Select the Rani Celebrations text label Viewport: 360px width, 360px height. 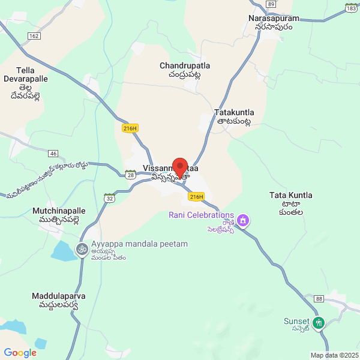pos(201,215)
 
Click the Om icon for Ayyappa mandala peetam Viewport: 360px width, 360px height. pos(82,248)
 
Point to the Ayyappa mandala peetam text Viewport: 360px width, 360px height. pos(140,244)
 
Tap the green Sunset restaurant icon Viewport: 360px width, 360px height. pos(319,322)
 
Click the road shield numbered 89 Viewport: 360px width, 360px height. pos(271,4)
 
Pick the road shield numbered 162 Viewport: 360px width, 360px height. pos(34,37)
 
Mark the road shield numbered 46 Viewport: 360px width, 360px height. pos(53,154)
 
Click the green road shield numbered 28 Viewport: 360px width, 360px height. pos(130,174)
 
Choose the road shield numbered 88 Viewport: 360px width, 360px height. pos(319,299)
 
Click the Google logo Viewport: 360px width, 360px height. pos(20,353)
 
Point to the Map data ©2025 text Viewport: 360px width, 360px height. pos(334,355)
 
